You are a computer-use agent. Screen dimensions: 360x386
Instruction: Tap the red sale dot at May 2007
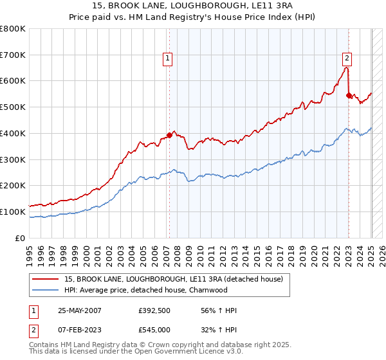[169, 135]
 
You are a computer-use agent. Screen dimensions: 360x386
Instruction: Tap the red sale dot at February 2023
[349, 95]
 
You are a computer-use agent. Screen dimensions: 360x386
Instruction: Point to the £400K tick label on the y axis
[13, 133]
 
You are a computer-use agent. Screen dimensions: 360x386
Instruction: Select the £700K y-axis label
[13, 55]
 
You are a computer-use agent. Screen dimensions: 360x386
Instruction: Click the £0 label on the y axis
[21, 238]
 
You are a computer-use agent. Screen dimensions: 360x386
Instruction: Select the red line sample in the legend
[46, 278]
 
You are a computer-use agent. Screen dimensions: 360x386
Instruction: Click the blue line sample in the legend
[46, 290]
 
